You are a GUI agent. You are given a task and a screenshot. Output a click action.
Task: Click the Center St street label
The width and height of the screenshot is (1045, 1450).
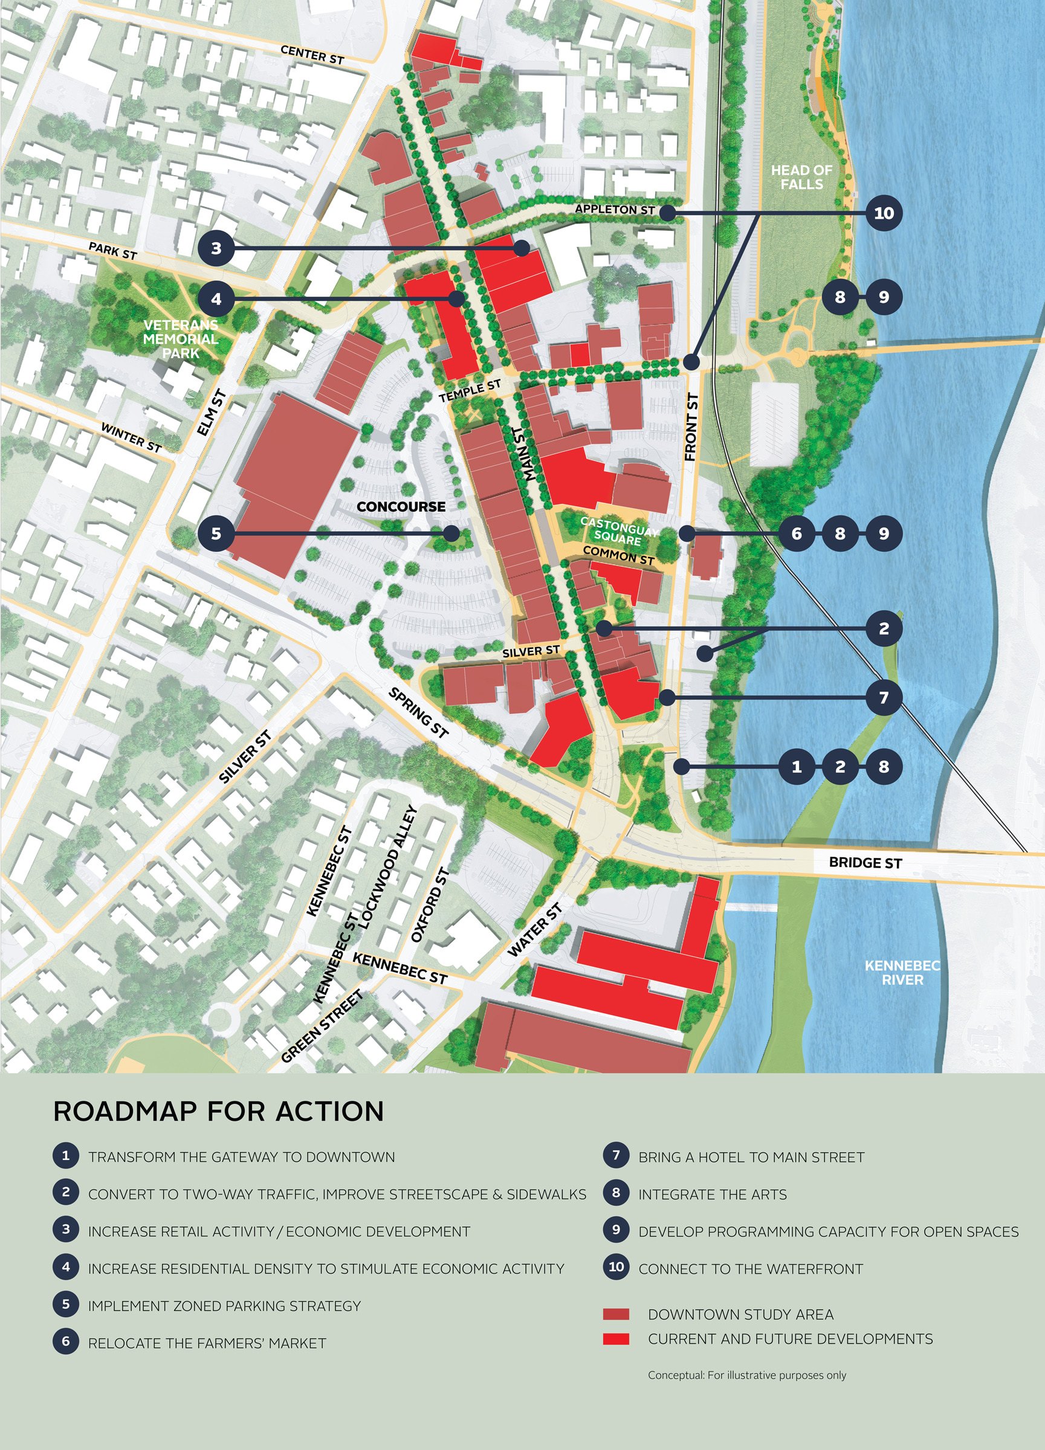click(x=312, y=55)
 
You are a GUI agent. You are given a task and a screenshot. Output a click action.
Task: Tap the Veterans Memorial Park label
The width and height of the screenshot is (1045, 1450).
click(x=181, y=339)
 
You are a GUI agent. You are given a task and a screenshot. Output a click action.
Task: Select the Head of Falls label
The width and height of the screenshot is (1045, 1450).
click(x=801, y=177)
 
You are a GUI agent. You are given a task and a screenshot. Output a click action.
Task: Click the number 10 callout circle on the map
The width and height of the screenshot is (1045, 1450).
click(x=883, y=213)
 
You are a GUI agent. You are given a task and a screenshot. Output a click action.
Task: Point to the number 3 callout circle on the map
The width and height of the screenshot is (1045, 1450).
click(x=216, y=248)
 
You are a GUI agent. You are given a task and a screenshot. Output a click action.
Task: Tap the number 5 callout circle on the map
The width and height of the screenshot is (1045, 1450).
click(x=216, y=533)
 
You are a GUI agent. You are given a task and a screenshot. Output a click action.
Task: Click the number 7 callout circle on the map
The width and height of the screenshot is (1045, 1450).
click(x=883, y=697)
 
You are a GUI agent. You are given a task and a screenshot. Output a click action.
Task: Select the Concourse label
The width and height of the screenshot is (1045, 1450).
click(x=401, y=506)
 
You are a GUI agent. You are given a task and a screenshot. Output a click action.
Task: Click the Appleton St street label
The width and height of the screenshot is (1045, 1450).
click(x=615, y=209)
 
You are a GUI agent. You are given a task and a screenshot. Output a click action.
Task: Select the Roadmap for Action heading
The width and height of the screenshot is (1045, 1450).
click(x=219, y=1112)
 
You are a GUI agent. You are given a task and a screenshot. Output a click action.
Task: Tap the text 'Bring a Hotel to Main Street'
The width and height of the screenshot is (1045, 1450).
click(x=751, y=1157)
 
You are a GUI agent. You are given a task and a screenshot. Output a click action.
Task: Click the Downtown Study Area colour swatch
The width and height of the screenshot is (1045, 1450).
click(x=616, y=1315)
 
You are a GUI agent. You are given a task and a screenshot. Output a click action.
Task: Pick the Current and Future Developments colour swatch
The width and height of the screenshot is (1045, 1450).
click(x=616, y=1339)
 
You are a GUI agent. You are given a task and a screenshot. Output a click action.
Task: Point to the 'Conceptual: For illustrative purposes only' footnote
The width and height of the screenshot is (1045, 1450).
click(x=746, y=1374)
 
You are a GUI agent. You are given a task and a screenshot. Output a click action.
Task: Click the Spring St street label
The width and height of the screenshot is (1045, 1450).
click(x=418, y=712)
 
